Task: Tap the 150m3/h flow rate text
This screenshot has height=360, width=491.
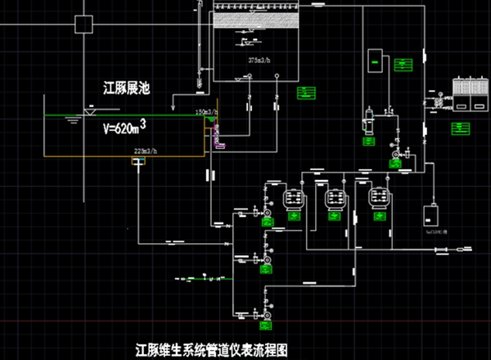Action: pyautogui.click(x=205, y=111)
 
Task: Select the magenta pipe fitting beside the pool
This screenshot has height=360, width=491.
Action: pyautogui.click(x=216, y=130)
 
